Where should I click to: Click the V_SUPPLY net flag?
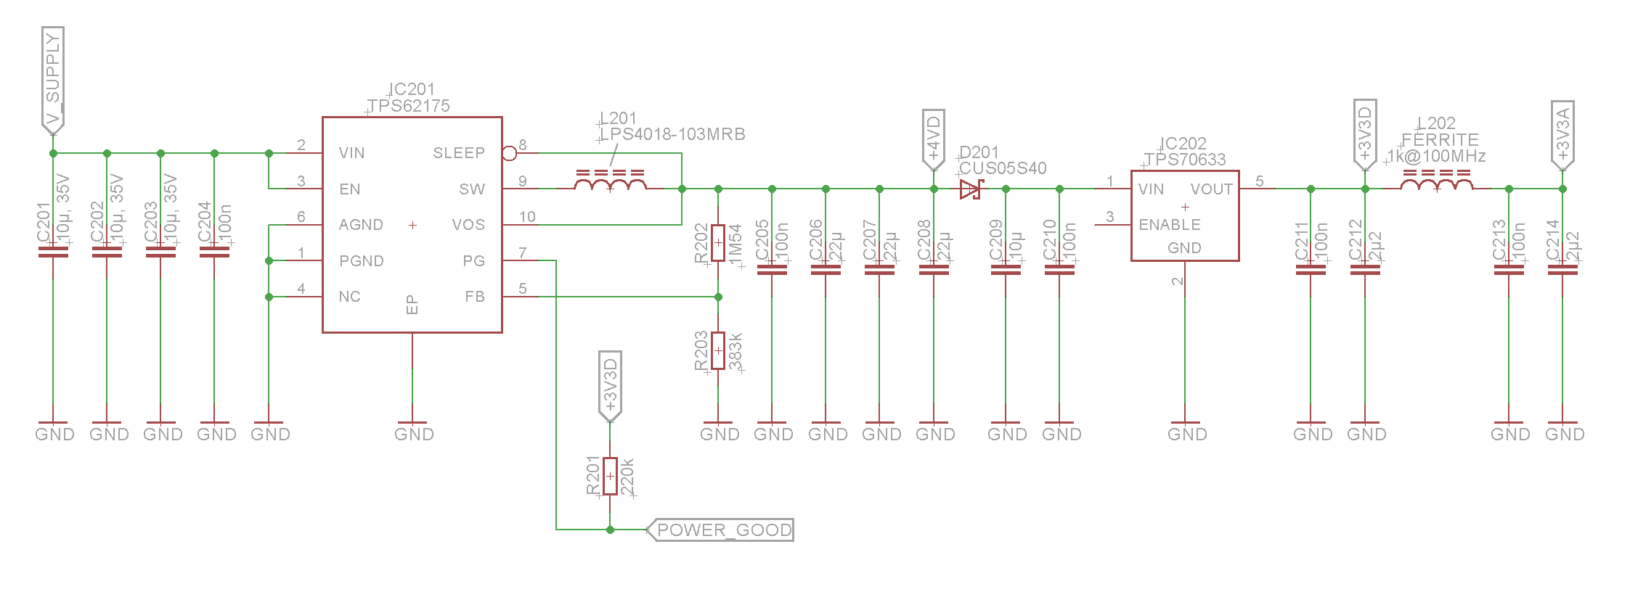tap(53, 80)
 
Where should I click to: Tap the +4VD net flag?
tap(933, 138)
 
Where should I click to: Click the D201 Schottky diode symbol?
tap(970, 189)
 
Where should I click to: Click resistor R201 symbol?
tap(610, 476)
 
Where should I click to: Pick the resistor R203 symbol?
tap(718, 351)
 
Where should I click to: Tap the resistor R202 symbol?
tap(718, 243)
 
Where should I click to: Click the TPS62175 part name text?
tap(409, 106)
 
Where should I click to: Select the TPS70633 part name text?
tap(1185, 160)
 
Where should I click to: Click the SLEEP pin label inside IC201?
tap(458, 153)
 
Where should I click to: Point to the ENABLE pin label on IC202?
tap(1169, 225)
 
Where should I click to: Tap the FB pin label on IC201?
tap(474, 297)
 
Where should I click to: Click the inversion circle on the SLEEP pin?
tap(510, 153)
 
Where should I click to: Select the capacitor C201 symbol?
tap(53, 252)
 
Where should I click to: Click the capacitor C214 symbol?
tap(1562, 270)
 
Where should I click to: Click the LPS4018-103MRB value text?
tap(673, 134)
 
